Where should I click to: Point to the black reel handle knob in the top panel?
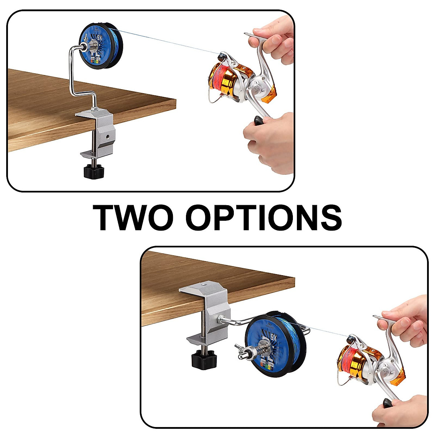260,121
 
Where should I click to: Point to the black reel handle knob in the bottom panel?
387,393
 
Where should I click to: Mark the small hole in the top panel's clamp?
107,137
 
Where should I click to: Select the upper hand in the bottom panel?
406,319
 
